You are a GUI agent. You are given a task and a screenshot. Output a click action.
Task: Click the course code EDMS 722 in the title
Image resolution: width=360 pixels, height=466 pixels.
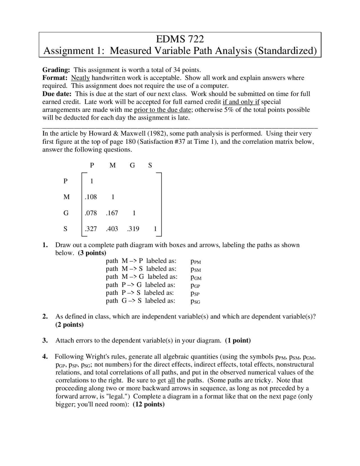point(180,39)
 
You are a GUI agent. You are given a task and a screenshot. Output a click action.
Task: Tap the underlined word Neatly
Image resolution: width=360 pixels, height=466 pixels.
point(80,78)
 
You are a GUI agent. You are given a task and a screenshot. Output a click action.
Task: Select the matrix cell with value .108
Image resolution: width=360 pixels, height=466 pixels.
point(91,197)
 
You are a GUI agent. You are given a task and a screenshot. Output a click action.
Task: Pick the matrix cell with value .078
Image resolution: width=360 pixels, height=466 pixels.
point(91,213)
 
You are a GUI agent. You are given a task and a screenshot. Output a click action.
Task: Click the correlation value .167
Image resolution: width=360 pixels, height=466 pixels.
point(112,213)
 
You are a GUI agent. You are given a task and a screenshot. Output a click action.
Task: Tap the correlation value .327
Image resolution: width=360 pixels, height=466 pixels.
point(91,229)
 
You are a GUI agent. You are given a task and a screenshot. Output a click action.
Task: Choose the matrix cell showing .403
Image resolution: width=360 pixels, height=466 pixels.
point(112,229)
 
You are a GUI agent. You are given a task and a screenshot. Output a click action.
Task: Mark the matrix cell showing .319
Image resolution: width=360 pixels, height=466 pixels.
point(133,229)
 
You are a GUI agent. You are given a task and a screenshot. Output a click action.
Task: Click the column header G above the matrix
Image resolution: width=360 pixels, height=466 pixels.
point(132,165)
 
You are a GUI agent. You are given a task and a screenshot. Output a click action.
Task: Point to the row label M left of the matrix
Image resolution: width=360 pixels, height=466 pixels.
point(66,197)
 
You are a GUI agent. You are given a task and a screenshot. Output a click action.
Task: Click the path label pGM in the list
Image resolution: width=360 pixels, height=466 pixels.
point(196,277)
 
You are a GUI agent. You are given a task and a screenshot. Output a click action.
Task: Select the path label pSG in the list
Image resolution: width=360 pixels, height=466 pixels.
point(195,301)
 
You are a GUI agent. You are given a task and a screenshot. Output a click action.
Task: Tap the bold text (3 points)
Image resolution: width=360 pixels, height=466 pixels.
point(92,253)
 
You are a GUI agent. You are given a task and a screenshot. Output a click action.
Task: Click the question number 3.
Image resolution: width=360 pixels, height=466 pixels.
point(45,340)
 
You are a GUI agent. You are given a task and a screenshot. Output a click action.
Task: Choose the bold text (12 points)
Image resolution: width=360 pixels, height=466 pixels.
point(148,404)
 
